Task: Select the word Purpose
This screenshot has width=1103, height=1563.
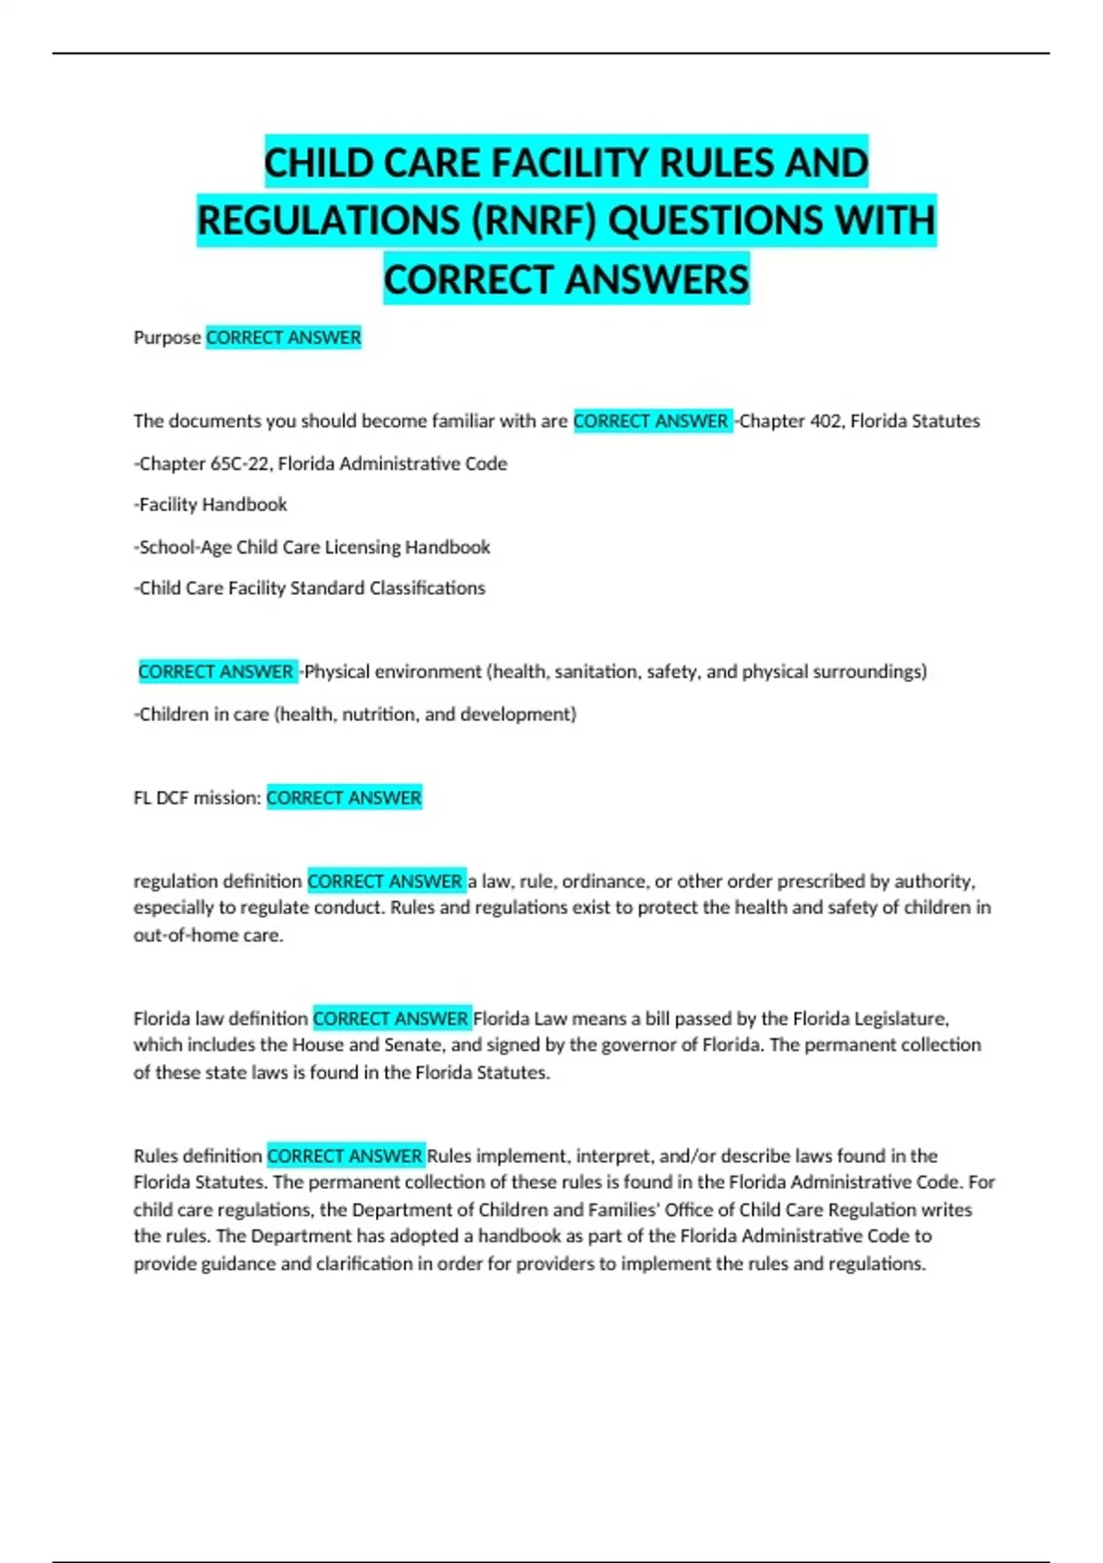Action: (166, 337)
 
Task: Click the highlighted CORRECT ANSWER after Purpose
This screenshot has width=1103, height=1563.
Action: (283, 337)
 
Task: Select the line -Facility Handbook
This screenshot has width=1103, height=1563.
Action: (210, 505)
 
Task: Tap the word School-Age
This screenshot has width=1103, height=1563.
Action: (185, 547)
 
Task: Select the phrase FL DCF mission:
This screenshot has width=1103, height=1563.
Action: (198, 798)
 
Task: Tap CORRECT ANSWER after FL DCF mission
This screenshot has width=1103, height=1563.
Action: (344, 798)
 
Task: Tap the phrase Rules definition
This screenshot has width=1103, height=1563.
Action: (198, 1156)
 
